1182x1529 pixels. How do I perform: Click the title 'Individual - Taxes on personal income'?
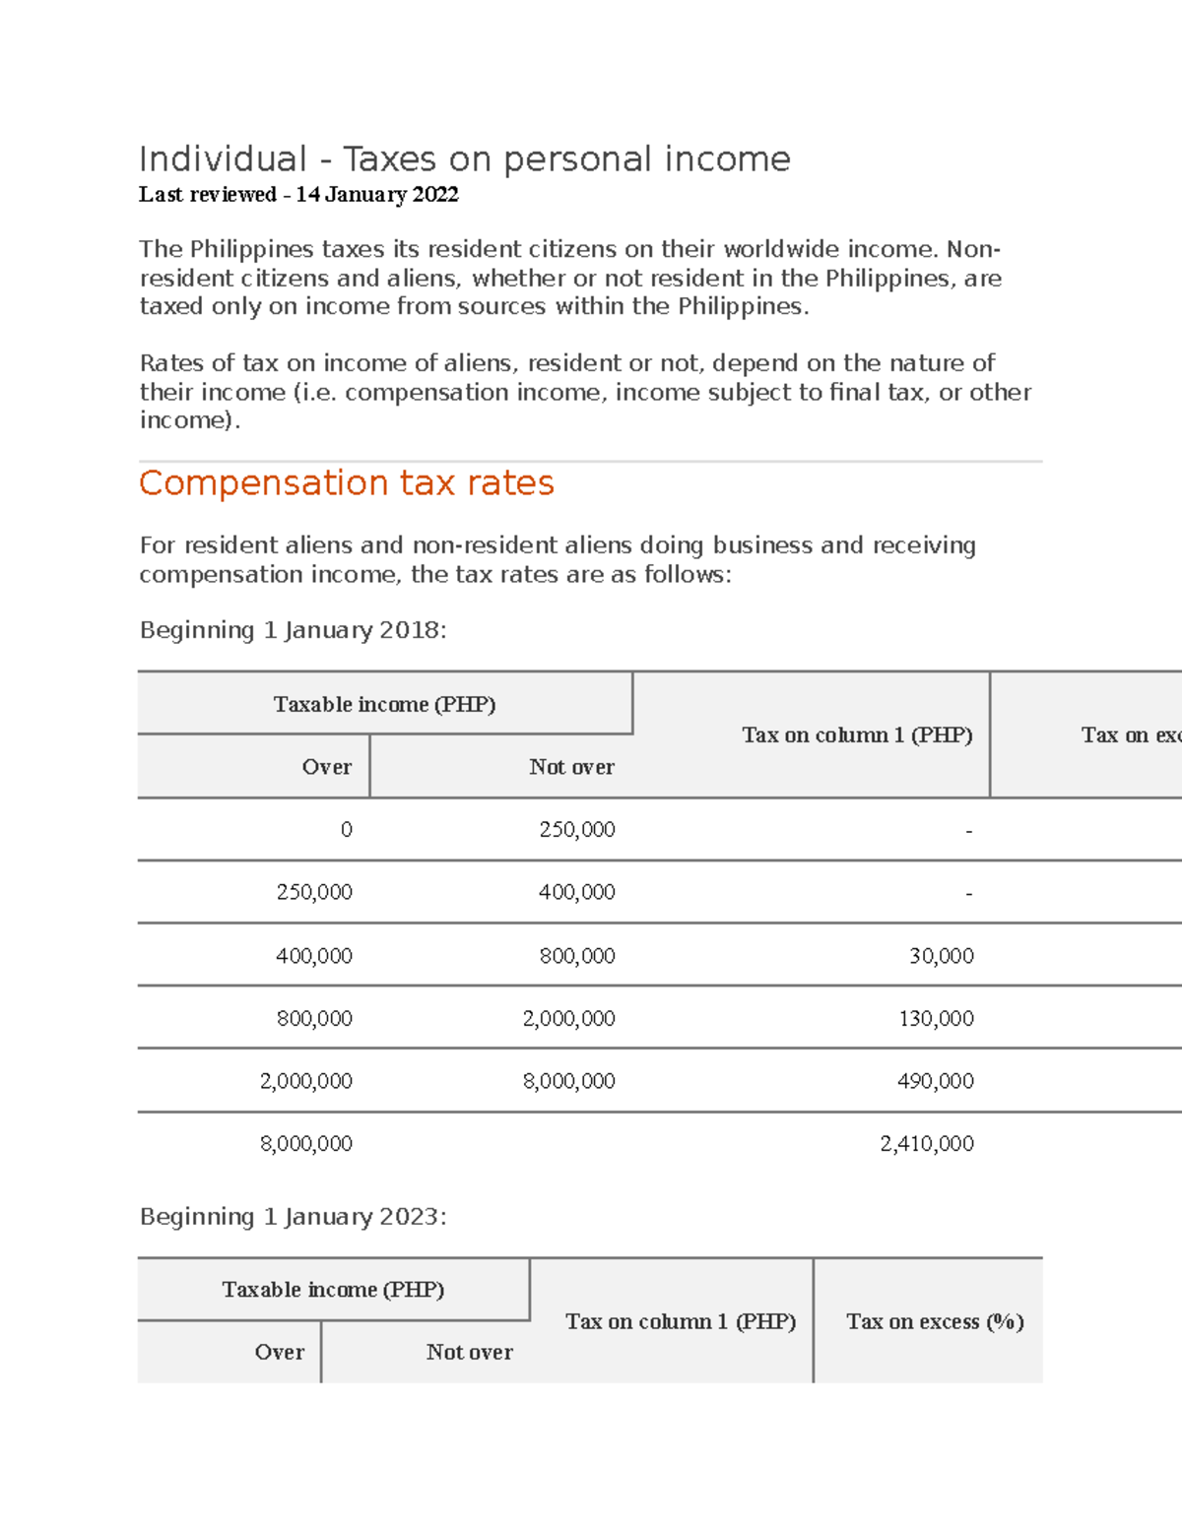[x=464, y=159]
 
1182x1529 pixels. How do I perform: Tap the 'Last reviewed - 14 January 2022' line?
[x=298, y=195]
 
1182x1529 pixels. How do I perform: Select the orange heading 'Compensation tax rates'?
[x=346, y=483]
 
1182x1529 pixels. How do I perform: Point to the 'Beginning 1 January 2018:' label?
[x=293, y=630]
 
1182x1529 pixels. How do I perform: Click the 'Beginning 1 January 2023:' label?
[x=293, y=1217]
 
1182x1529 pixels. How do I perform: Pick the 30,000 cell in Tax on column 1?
[x=941, y=956]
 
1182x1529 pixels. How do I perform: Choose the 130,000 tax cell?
[x=936, y=1019]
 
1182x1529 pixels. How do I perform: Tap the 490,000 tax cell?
[x=936, y=1081]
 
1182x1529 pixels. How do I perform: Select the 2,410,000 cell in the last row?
[x=926, y=1144]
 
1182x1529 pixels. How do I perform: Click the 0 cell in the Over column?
[x=346, y=830]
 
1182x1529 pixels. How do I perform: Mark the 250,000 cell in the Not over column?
[x=576, y=830]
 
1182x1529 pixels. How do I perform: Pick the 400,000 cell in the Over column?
[x=313, y=956]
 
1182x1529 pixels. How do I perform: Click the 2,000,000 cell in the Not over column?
[x=568, y=1019]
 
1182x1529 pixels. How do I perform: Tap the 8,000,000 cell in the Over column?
[x=305, y=1144]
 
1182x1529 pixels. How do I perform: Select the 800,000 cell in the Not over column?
[x=576, y=956]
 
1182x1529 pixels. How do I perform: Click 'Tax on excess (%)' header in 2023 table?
[x=934, y=1321]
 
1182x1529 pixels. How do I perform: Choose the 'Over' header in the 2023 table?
[x=279, y=1353]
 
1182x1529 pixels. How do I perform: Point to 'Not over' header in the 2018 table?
[x=571, y=767]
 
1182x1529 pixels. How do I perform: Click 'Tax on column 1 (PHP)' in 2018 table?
[x=856, y=735]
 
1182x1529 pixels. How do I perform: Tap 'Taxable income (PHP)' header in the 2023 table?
[x=333, y=1290]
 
